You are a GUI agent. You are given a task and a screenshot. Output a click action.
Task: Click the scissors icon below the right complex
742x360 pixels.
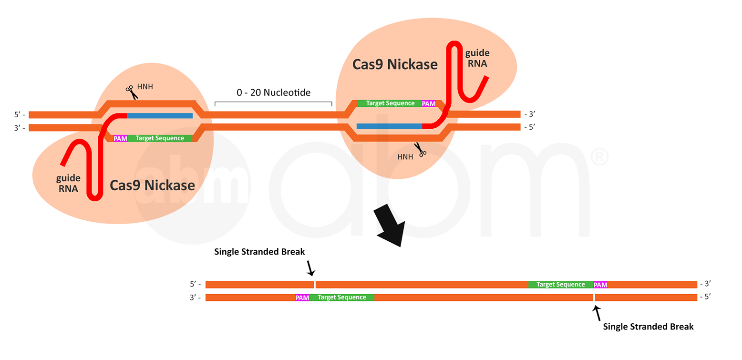[420, 150]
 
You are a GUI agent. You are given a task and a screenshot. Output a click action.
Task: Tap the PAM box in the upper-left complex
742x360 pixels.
[120, 138]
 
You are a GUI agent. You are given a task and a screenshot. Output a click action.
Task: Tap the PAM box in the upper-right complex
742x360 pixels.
[429, 103]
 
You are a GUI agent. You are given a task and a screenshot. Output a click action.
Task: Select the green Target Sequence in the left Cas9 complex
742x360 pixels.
[160, 138]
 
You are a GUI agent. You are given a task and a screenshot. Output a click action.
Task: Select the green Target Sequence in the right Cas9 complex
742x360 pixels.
[390, 103]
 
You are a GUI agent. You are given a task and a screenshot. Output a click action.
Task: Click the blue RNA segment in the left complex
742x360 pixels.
[159, 115]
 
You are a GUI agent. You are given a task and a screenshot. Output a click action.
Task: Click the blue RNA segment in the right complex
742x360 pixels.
[389, 126]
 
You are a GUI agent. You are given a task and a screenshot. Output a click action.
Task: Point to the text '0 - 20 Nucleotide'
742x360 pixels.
[273, 93]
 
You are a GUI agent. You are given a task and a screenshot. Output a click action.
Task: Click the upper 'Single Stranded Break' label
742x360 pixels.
[259, 252]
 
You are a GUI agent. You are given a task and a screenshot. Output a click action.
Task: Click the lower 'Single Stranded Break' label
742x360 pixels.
[648, 327]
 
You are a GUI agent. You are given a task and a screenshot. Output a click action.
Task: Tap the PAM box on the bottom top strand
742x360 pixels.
[600, 285]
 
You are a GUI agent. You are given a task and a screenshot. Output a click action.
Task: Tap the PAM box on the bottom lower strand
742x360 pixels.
[302, 298]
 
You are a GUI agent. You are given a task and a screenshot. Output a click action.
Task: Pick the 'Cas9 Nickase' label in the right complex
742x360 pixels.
[395, 64]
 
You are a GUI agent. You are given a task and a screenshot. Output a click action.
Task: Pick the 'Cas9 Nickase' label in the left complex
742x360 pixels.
[152, 185]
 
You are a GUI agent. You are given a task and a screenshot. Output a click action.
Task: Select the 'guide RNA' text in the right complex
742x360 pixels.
[477, 58]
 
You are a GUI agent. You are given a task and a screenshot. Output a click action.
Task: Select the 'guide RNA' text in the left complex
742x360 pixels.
[68, 183]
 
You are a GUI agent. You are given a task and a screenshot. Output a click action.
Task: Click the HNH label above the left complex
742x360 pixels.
[145, 87]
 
